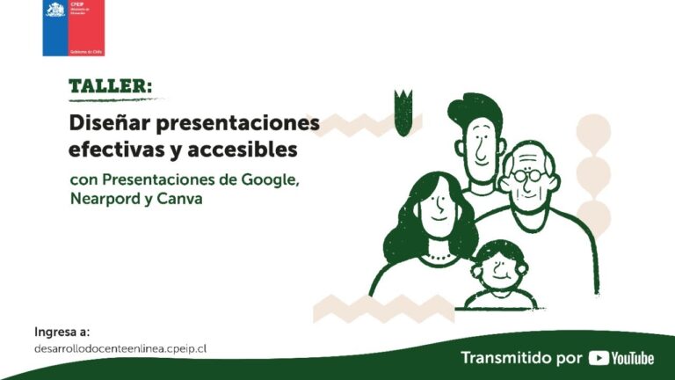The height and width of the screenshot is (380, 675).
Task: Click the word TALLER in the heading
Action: point(108,86)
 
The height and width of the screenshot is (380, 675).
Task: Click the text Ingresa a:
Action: point(62,332)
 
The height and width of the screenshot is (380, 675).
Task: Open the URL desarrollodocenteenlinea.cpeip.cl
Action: point(120,348)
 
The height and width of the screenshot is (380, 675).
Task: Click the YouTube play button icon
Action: point(599,358)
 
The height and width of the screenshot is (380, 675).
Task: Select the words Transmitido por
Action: point(521,358)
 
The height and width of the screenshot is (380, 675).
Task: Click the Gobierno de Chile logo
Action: point(73,27)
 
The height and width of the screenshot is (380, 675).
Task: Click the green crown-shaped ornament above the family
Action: point(403,110)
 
